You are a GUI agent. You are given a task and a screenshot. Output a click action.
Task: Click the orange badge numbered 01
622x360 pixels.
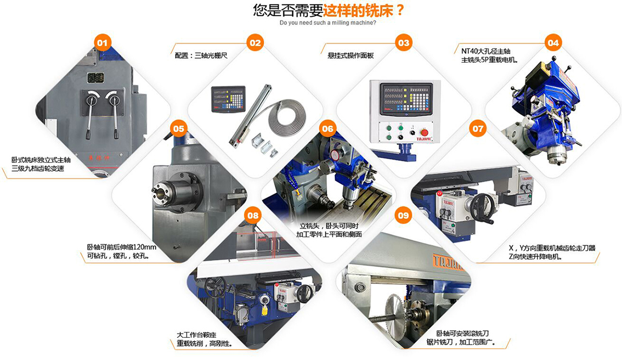coord(102,43)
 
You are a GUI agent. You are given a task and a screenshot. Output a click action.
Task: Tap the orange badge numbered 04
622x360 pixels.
coord(553,43)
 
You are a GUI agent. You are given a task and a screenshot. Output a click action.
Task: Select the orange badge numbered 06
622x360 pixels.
coord(328,129)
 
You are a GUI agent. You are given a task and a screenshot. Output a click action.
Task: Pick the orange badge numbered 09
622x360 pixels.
coord(403,215)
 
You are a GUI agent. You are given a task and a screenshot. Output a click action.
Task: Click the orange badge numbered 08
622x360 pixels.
coord(253,215)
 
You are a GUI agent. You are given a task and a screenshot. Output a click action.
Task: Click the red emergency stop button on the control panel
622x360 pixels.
coord(425,132)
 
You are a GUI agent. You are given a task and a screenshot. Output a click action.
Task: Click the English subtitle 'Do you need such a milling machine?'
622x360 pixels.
coord(328,23)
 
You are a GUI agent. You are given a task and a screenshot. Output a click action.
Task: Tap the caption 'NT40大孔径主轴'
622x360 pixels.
coord(486,51)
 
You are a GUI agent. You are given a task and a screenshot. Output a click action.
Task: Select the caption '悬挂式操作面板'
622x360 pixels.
coord(350,56)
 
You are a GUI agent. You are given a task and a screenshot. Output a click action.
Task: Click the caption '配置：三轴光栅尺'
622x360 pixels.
coord(201,56)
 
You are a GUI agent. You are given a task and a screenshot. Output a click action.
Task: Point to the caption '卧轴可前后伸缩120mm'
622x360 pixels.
coord(121,247)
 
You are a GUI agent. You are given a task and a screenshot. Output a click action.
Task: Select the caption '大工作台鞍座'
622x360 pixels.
coord(196,335)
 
